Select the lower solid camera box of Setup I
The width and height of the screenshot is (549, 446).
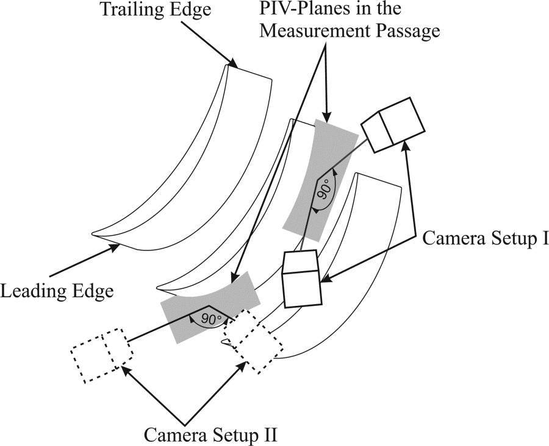tap(302, 280)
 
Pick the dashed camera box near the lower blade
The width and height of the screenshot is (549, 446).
tap(253, 341)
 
